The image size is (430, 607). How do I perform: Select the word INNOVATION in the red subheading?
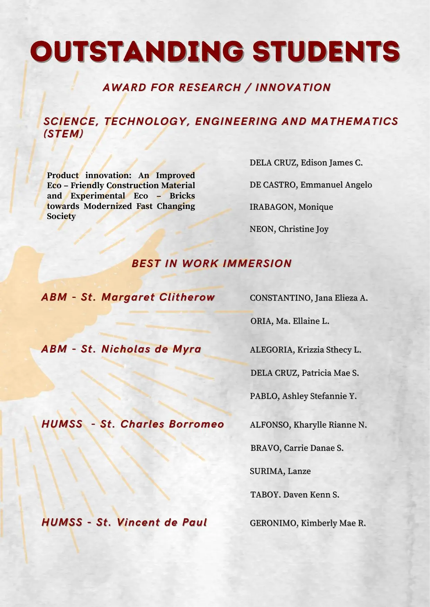(x=293, y=88)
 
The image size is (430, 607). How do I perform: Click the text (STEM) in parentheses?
(x=63, y=134)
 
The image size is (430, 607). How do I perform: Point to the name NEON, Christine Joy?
(x=289, y=229)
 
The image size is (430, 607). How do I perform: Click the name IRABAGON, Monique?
(x=291, y=207)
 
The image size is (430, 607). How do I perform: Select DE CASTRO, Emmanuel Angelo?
(x=310, y=185)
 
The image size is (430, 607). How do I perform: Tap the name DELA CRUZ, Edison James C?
(x=306, y=163)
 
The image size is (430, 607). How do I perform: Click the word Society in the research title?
(x=61, y=216)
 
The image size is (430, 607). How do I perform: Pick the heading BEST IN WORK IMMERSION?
(x=212, y=264)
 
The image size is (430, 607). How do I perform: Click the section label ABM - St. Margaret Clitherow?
(x=128, y=297)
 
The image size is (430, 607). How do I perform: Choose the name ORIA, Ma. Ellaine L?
(x=289, y=321)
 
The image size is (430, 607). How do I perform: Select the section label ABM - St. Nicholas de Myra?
(x=121, y=349)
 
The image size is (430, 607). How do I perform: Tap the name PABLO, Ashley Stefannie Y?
(x=303, y=396)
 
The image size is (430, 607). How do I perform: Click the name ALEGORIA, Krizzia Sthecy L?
(x=305, y=350)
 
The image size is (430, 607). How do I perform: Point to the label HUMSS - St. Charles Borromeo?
(x=133, y=424)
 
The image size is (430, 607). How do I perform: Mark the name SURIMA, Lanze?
(x=280, y=471)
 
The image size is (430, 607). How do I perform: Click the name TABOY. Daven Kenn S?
(x=295, y=495)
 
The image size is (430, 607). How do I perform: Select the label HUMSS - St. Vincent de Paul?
(x=124, y=522)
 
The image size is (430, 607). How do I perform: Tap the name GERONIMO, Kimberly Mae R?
(x=308, y=523)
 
